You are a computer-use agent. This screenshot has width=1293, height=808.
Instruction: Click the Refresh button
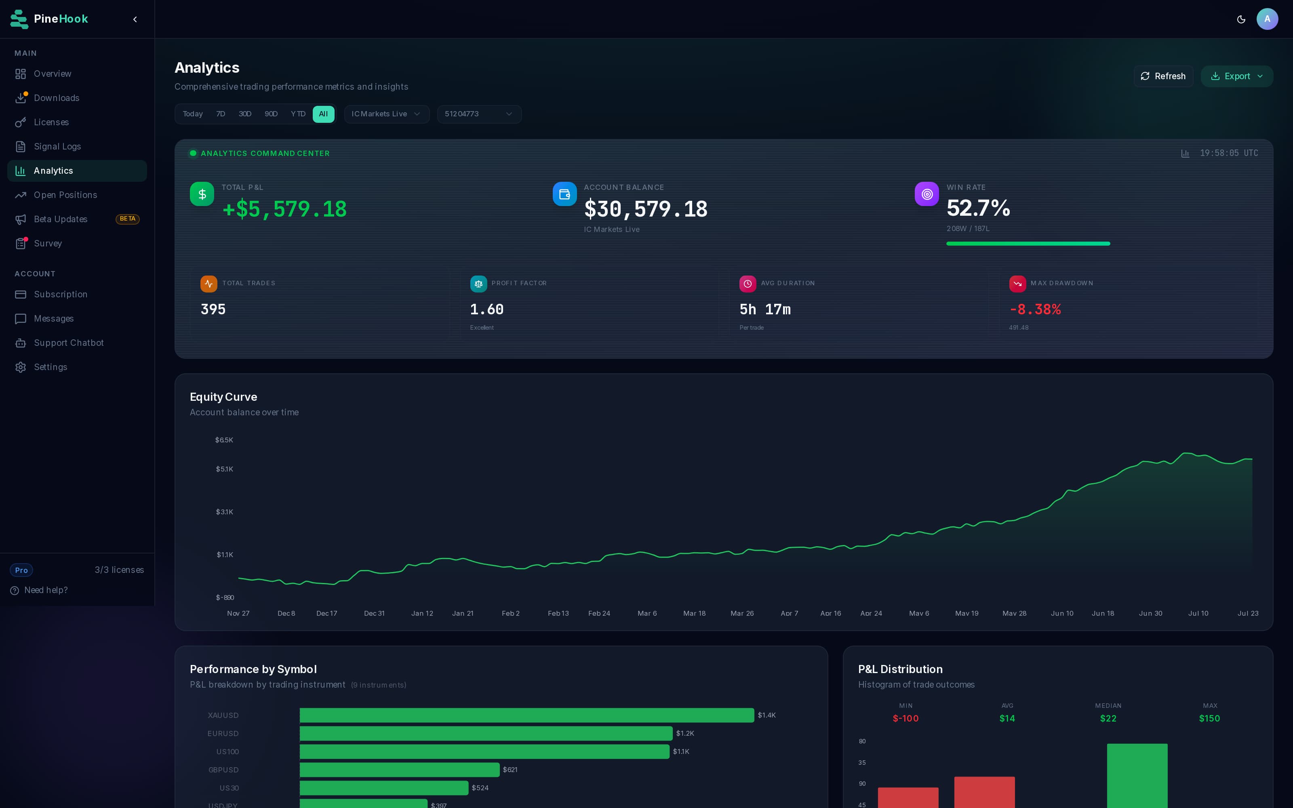[1163, 76]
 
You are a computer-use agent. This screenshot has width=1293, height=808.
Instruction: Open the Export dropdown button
[1236, 76]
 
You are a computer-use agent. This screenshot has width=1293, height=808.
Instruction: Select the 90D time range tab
[271, 114]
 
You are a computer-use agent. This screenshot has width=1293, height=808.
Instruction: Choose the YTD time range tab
[298, 114]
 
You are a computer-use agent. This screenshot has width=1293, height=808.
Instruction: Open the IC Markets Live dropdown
[387, 114]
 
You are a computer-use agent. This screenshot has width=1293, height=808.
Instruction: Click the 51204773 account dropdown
[479, 114]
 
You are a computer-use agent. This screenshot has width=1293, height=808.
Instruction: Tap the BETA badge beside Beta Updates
[128, 219]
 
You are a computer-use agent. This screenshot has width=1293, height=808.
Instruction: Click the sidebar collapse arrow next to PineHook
[135, 19]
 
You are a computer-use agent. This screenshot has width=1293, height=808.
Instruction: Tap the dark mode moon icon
[1241, 19]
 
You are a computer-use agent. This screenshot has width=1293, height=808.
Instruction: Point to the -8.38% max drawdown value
[1035, 309]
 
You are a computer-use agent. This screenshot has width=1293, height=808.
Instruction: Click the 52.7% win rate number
[978, 208]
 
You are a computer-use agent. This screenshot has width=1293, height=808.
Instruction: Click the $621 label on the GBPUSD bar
[510, 770]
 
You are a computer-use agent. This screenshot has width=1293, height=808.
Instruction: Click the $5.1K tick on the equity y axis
[224, 469]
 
